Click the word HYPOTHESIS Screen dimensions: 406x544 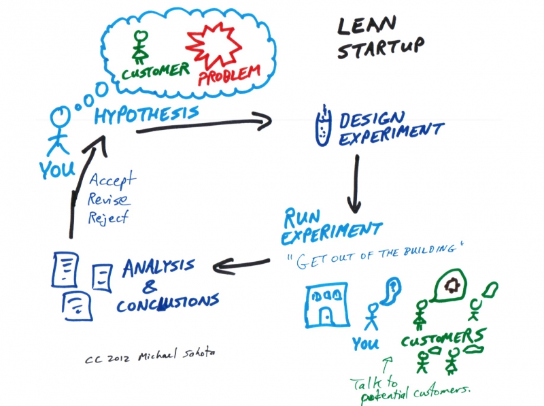coord(147,114)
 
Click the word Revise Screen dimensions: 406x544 coord(109,201)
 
